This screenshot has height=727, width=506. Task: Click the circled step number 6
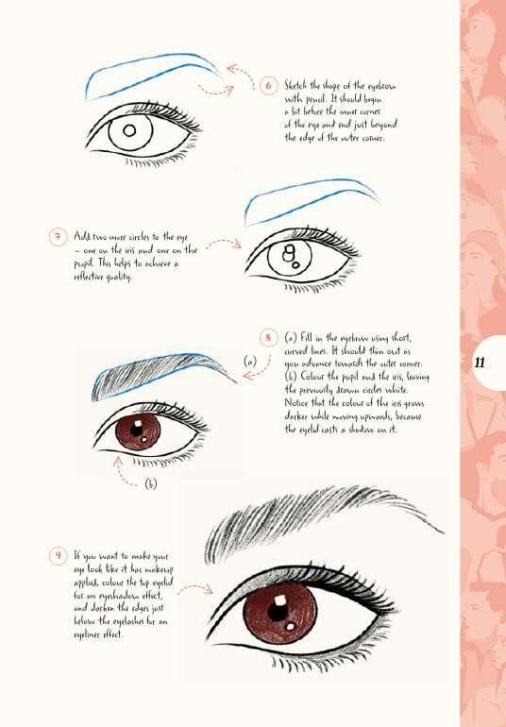coord(268,86)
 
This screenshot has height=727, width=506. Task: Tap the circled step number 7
coord(58,237)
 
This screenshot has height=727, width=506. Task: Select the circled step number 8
coord(268,337)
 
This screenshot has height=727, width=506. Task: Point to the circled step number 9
coord(58,555)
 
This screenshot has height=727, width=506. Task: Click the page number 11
coord(480,363)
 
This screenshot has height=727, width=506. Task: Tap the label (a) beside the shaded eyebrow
coord(250,362)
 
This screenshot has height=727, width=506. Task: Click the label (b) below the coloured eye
coord(151,483)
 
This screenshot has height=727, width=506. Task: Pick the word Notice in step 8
coord(295,402)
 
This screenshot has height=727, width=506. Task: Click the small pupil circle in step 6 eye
coord(129,130)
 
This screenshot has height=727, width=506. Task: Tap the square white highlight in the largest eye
coord(279,600)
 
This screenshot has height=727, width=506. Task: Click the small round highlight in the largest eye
coord(291,627)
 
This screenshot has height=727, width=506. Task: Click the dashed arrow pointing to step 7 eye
coord(224,242)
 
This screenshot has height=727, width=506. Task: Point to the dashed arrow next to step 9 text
coord(194,588)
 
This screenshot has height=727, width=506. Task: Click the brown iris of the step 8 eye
coord(138,432)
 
